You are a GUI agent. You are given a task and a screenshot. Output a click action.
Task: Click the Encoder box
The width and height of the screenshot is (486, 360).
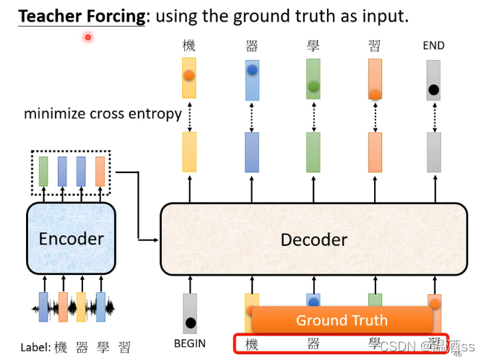click(x=71, y=238)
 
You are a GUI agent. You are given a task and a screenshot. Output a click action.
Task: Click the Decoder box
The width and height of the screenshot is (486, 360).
click(x=313, y=240)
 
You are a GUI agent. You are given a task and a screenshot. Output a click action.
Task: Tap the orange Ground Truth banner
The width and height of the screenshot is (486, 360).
click(x=341, y=320)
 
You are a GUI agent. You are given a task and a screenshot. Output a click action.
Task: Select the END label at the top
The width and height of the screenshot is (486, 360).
click(x=433, y=46)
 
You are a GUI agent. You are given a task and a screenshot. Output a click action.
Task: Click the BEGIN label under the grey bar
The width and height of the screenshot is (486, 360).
click(x=190, y=343)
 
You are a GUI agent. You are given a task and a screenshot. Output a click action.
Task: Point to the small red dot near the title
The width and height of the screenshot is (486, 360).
click(x=88, y=37)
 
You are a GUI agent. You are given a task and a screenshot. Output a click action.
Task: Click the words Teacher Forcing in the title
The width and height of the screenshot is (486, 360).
click(x=81, y=16)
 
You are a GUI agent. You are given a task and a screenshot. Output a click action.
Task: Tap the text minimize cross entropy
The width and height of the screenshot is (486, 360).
click(x=103, y=113)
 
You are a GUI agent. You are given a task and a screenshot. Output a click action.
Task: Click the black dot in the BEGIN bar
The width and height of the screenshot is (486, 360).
click(x=190, y=323)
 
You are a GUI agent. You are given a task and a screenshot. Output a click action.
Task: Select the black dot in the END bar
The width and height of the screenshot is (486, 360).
click(x=433, y=90)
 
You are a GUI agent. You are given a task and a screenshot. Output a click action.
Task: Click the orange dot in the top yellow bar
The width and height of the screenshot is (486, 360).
click(x=189, y=74)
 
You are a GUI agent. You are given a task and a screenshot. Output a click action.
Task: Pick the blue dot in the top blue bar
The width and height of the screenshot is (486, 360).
click(x=252, y=70)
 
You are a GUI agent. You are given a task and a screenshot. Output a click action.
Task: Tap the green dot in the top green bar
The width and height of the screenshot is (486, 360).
click(x=313, y=87)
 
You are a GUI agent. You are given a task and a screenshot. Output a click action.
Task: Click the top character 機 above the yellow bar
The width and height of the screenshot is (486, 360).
click(x=189, y=46)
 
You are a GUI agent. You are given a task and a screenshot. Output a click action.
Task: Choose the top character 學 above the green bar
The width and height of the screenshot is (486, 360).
click(x=313, y=46)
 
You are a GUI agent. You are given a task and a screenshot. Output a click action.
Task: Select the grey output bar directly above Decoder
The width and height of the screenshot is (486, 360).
click(x=433, y=152)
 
